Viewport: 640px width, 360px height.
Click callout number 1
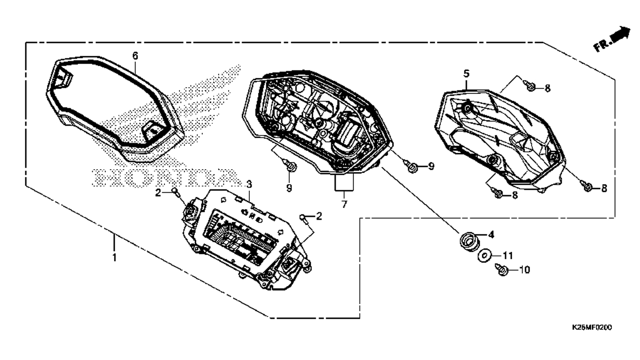113,258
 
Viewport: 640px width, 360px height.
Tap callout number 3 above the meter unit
250,183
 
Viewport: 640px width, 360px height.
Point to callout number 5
466,74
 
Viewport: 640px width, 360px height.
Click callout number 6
135,56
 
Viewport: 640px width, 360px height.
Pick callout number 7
344,205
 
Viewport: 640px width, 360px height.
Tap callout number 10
524,270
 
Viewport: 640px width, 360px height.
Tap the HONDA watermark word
164,178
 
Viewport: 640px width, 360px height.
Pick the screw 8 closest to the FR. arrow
531,87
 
